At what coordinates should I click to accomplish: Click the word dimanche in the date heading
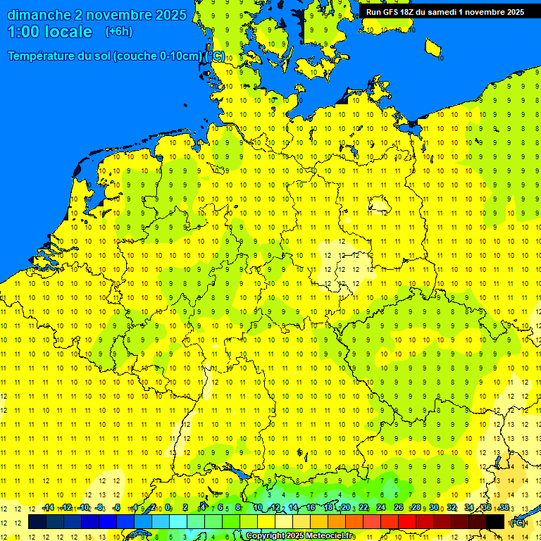38,15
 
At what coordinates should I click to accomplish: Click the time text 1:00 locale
49,32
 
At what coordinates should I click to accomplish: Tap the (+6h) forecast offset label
118,32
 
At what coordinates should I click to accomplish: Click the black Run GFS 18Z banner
444,12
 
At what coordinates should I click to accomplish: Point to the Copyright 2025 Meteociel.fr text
300,536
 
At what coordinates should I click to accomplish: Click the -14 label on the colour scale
48,508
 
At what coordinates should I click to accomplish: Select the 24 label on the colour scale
381,508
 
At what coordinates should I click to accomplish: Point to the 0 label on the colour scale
168,508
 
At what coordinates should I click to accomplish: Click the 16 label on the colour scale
310,508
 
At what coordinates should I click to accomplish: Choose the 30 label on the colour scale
434,508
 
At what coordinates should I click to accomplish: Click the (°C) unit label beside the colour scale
517,523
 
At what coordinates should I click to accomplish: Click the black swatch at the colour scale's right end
495,522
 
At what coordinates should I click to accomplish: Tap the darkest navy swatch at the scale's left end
37,522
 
